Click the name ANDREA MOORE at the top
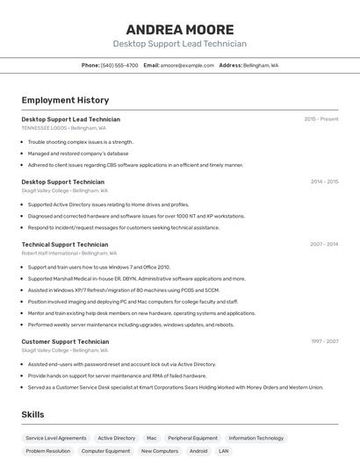179,29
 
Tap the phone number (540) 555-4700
119,65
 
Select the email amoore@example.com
187,65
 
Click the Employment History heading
65,100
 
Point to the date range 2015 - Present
320,118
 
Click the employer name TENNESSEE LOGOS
44,127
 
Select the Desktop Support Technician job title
62,182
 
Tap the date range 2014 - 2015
324,182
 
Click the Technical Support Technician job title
65,245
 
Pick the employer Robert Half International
50,253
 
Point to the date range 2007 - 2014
324,245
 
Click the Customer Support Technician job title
65,341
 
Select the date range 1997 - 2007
324,341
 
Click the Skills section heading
33,414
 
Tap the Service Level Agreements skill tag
56,438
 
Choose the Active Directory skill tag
117,438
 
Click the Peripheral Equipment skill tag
192,438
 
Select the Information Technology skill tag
256,438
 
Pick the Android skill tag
198,451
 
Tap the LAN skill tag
224,451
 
